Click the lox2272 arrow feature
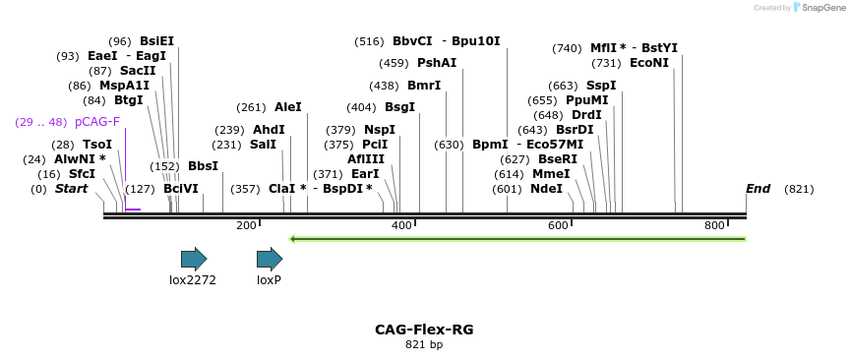(x=194, y=259)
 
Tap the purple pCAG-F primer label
(x=97, y=122)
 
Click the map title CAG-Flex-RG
(x=424, y=330)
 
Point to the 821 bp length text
(x=424, y=345)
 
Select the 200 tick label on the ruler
(x=246, y=226)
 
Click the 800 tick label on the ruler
(x=714, y=226)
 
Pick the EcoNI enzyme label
(x=649, y=63)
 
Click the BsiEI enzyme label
(x=156, y=41)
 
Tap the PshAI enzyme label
(x=437, y=63)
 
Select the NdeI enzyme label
(x=546, y=189)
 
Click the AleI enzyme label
(x=288, y=107)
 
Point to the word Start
(x=71, y=189)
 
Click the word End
(x=758, y=189)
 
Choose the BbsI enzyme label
(x=203, y=166)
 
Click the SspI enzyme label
(x=600, y=86)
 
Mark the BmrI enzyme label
(x=424, y=86)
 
